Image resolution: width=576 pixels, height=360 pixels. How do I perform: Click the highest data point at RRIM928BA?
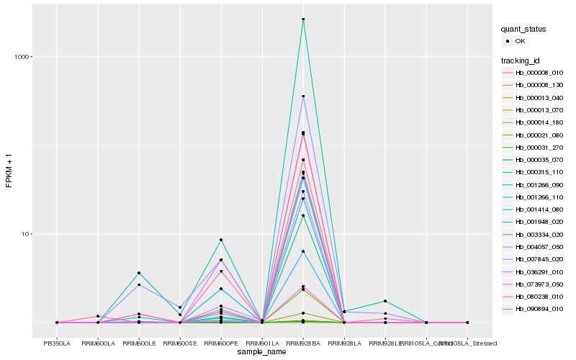coord(303,19)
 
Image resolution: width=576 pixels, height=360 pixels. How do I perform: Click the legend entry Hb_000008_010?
coord(539,73)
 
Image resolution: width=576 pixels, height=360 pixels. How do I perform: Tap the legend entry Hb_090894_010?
coord(539,308)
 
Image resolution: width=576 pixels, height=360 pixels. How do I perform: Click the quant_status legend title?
coord(523,30)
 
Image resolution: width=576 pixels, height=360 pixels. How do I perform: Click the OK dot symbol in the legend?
coord(508,42)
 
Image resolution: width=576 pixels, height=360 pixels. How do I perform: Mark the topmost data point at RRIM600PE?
coord(221,240)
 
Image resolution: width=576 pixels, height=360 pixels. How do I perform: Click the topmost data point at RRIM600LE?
coord(139,273)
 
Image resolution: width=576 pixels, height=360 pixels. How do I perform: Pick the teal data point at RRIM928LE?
coord(385,301)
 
